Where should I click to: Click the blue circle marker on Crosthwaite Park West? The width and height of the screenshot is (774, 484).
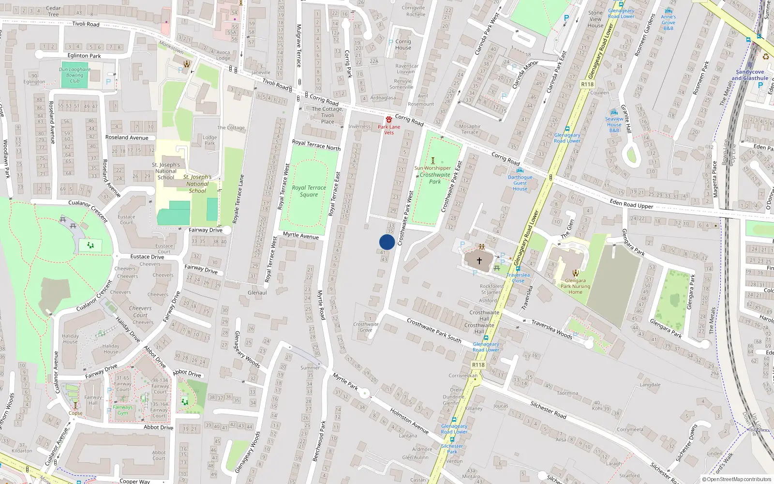tap(387, 242)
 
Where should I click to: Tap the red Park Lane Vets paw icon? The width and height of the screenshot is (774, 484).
tap(389, 120)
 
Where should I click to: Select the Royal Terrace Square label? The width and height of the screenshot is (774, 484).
tap(309, 191)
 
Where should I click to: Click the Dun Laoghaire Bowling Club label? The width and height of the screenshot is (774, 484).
tap(74, 75)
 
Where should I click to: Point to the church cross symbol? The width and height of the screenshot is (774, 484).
tap(479, 260)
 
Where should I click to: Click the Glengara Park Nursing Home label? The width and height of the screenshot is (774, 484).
tap(575, 286)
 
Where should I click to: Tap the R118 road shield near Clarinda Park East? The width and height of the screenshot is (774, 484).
tap(587, 84)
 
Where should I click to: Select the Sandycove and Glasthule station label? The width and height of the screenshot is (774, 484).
tap(750, 75)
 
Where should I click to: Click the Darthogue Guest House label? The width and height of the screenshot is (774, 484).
tap(520, 183)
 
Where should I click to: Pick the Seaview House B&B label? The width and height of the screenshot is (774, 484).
tap(614, 124)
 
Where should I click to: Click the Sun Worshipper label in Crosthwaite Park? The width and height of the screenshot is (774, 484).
tap(432, 168)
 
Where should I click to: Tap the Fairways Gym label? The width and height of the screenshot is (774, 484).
tap(123, 410)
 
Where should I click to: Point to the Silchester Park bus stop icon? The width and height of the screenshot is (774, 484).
tap(452, 439)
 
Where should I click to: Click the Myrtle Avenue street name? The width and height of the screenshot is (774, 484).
tap(301, 235)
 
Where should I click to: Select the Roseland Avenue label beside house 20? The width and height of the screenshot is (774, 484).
tap(127, 137)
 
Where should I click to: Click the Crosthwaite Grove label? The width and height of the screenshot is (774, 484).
tap(366, 327)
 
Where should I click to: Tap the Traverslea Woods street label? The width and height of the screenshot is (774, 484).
tap(552, 329)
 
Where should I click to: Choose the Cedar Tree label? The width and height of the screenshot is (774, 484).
tap(53, 11)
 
